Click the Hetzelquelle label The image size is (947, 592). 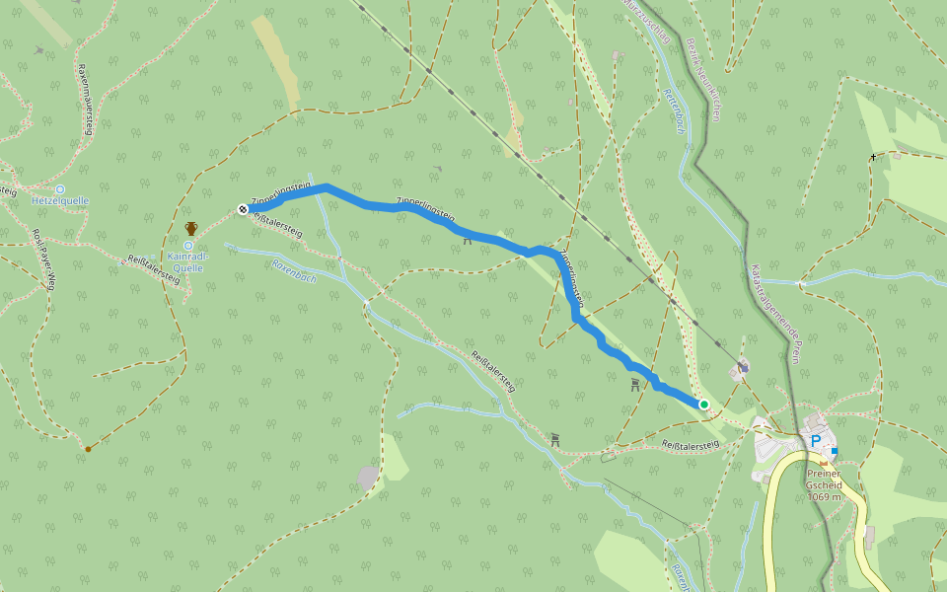click(x=60, y=200)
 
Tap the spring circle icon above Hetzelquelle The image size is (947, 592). click(x=60, y=188)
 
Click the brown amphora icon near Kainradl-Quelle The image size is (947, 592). click(x=191, y=229)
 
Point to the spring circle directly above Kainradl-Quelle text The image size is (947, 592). click(x=187, y=246)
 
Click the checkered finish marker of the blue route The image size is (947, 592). click(x=243, y=208)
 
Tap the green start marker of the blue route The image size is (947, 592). click(x=704, y=405)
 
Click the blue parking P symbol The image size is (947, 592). click(x=816, y=442)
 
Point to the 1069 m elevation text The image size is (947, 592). click(x=825, y=496)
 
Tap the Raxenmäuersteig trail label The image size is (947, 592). click(x=87, y=99)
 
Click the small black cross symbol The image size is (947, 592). click(x=873, y=157)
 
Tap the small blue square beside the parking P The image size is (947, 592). click(x=835, y=451)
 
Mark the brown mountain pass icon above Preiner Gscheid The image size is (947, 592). click(x=824, y=462)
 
